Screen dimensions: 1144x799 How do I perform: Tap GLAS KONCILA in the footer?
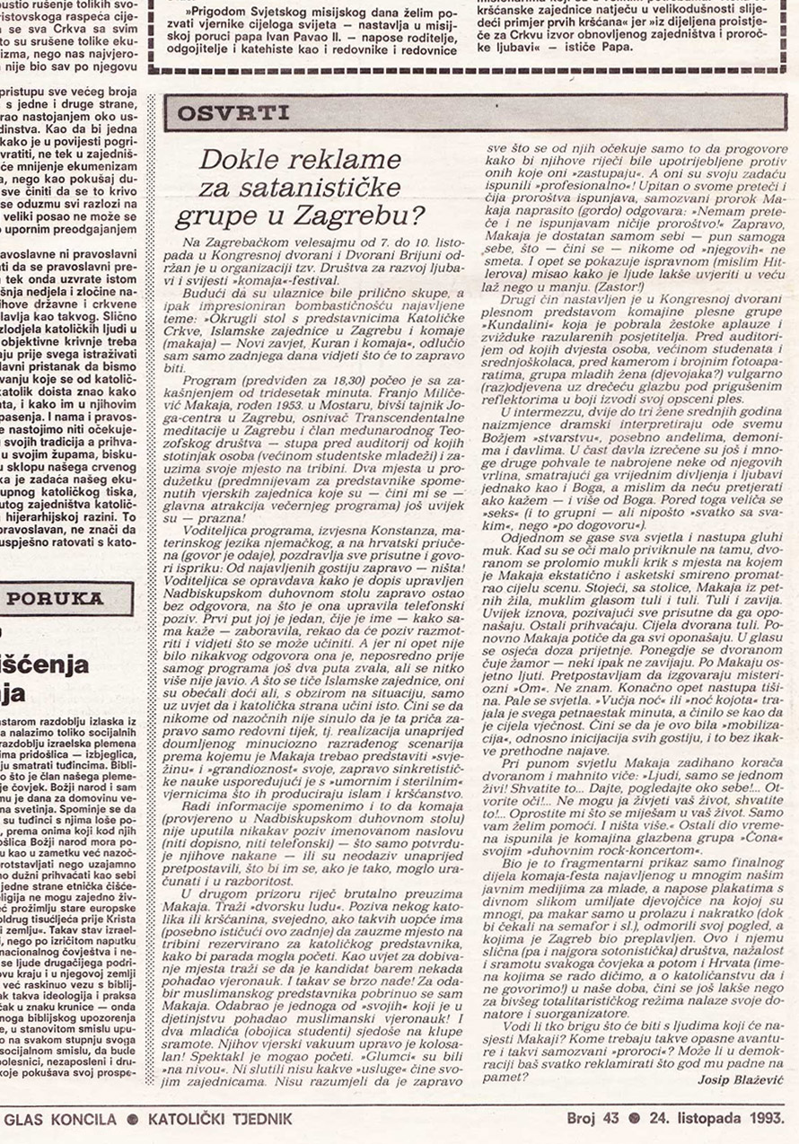click(60, 1120)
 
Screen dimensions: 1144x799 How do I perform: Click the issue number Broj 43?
click(593, 1120)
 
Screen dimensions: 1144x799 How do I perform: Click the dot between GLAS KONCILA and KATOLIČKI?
click(131, 1120)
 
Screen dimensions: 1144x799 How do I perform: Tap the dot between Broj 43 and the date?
click(635, 1120)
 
